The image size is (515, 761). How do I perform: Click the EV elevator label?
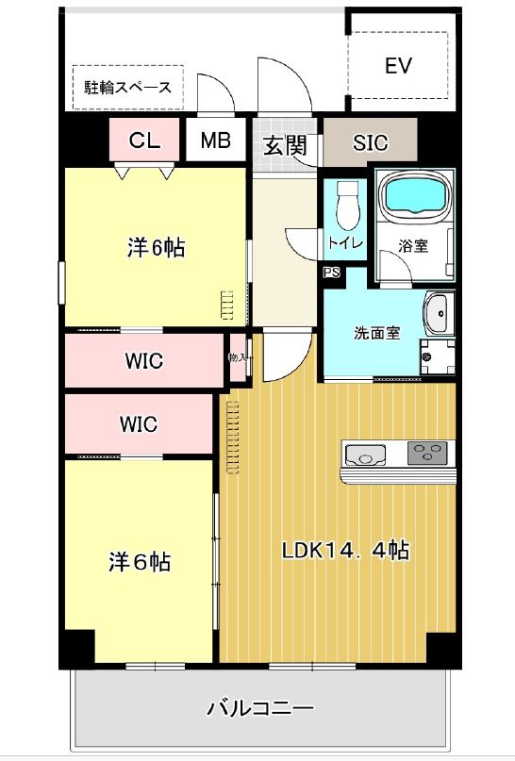tap(399, 66)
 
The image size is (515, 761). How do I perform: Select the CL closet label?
tap(144, 141)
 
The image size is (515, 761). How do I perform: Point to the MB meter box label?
tap(215, 141)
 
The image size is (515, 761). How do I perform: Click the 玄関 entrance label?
tap(284, 145)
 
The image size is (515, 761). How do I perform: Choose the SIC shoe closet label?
tap(370, 144)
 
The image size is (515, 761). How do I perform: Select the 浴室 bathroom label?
tap(413, 246)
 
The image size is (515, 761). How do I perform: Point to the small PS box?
tap(331, 273)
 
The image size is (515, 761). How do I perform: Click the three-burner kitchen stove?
tap(428, 455)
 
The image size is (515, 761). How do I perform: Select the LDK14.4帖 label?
tap(345, 550)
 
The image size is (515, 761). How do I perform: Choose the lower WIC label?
tap(138, 423)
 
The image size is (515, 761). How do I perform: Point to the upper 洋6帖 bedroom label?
tap(156, 248)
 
